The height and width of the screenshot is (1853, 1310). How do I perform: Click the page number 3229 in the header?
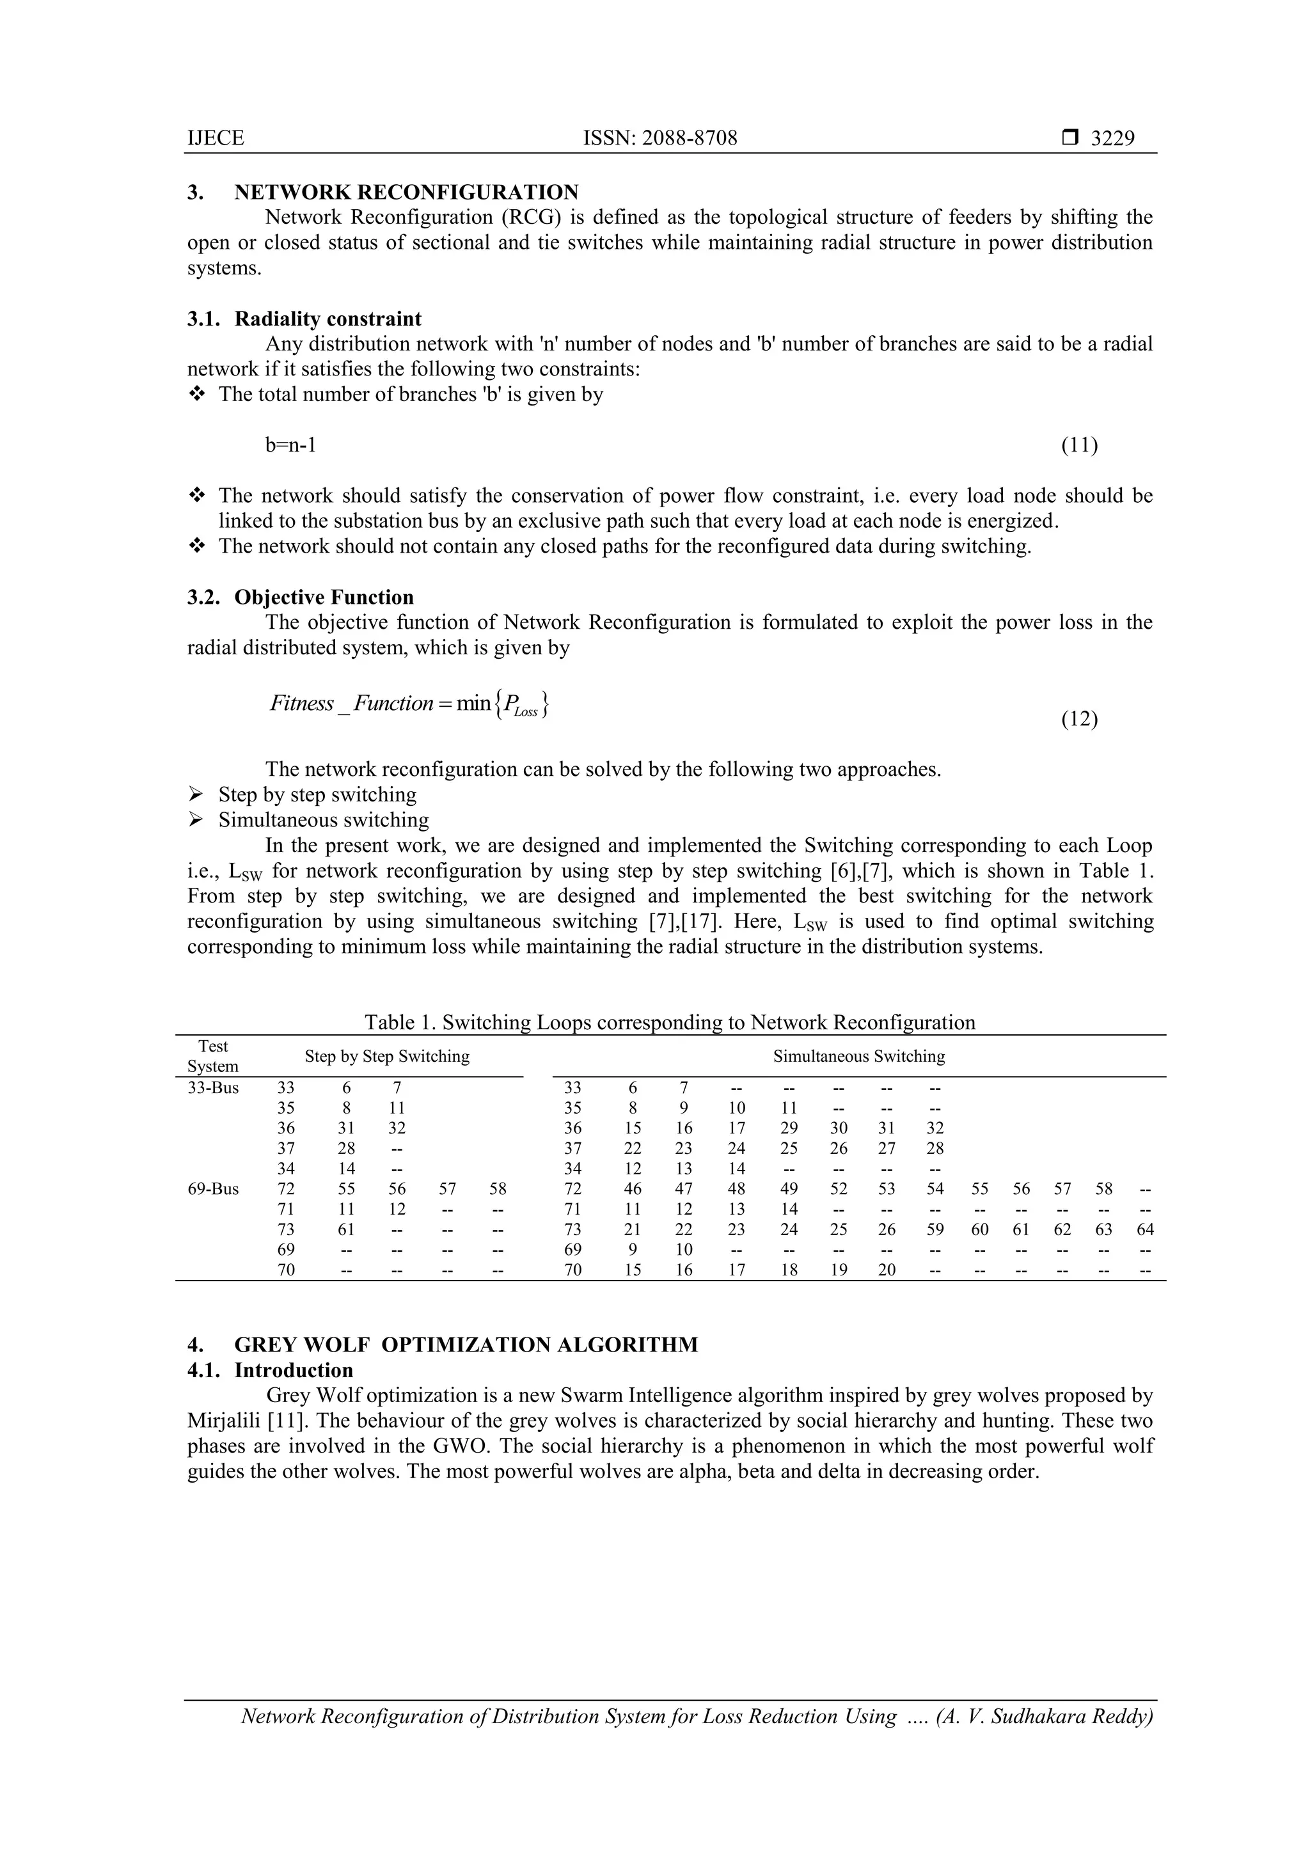1112,138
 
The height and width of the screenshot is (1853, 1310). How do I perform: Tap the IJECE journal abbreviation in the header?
216,138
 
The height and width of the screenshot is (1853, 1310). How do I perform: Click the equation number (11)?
1078,445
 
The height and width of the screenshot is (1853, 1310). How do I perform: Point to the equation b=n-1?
290,445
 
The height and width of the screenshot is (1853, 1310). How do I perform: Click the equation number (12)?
1078,718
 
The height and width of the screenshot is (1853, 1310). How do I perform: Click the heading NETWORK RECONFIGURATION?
406,192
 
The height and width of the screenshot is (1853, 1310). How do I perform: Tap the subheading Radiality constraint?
327,319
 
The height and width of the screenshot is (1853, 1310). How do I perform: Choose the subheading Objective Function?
324,597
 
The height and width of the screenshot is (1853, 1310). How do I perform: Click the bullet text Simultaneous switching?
324,820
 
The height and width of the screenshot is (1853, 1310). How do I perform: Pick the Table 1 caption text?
669,1023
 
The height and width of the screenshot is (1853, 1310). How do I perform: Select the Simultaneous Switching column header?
859,1057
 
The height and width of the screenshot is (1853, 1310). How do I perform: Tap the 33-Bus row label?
213,1088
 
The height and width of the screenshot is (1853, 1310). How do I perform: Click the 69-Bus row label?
213,1189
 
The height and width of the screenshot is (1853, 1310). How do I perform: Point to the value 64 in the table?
1144,1229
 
